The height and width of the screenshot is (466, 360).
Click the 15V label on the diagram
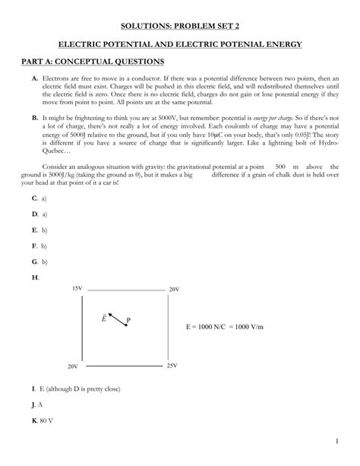point(77,289)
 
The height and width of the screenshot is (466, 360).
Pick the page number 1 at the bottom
point(336,442)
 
